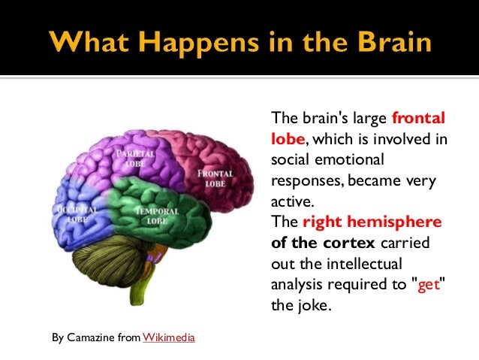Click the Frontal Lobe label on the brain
[215, 179]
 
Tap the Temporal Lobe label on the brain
[156, 216]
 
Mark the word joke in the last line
[309, 307]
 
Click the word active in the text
[290, 202]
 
